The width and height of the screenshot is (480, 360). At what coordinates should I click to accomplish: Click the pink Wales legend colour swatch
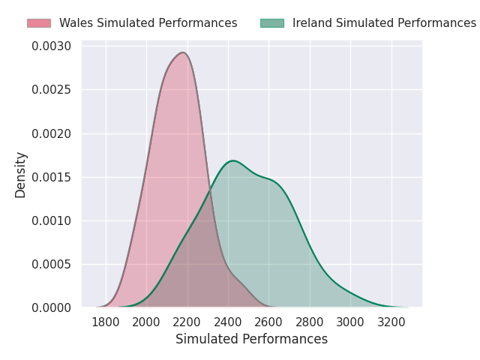[x=38, y=23]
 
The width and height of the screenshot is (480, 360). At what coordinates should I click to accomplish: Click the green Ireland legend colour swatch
[x=272, y=23]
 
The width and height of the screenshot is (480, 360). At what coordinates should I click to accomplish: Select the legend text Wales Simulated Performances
[x=148, y=23]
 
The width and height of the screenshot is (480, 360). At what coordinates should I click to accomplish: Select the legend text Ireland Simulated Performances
[x=384, y=23]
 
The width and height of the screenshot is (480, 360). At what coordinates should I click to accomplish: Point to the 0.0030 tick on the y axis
[x=52, y=46]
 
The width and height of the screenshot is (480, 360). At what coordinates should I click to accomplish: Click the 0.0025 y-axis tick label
[x=52, y=90]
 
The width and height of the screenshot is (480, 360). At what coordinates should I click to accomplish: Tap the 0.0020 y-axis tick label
[x=52, y=133]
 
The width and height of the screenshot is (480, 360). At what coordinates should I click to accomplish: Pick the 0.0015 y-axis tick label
[x=52, y=177]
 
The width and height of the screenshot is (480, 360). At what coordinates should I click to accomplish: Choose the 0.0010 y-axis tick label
[x=52, y=220]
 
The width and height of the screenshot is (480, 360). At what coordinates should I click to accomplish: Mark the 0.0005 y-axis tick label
[x=52, y=264]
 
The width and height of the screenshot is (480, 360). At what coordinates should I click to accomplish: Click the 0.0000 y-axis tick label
[x=52, y=307]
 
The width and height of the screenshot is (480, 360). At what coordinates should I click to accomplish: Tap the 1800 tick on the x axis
[x=106, y=322]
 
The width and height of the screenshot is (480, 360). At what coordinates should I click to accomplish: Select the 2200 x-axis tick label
[x=187, y=322]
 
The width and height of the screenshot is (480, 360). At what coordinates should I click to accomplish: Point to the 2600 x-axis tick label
[x=269, y=322]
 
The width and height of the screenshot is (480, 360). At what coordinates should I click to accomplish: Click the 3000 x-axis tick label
[x=350, y=322]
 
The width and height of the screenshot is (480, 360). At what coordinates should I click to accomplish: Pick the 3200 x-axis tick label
[x=391, y=322]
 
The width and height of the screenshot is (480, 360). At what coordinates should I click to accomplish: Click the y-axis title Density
[x=21, y=175]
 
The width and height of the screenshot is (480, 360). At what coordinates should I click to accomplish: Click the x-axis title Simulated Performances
[x=251, y=339]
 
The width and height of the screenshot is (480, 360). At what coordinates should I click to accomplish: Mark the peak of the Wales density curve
[x=182, y=52]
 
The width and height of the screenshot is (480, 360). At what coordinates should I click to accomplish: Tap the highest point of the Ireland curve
[x=233, y=160]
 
